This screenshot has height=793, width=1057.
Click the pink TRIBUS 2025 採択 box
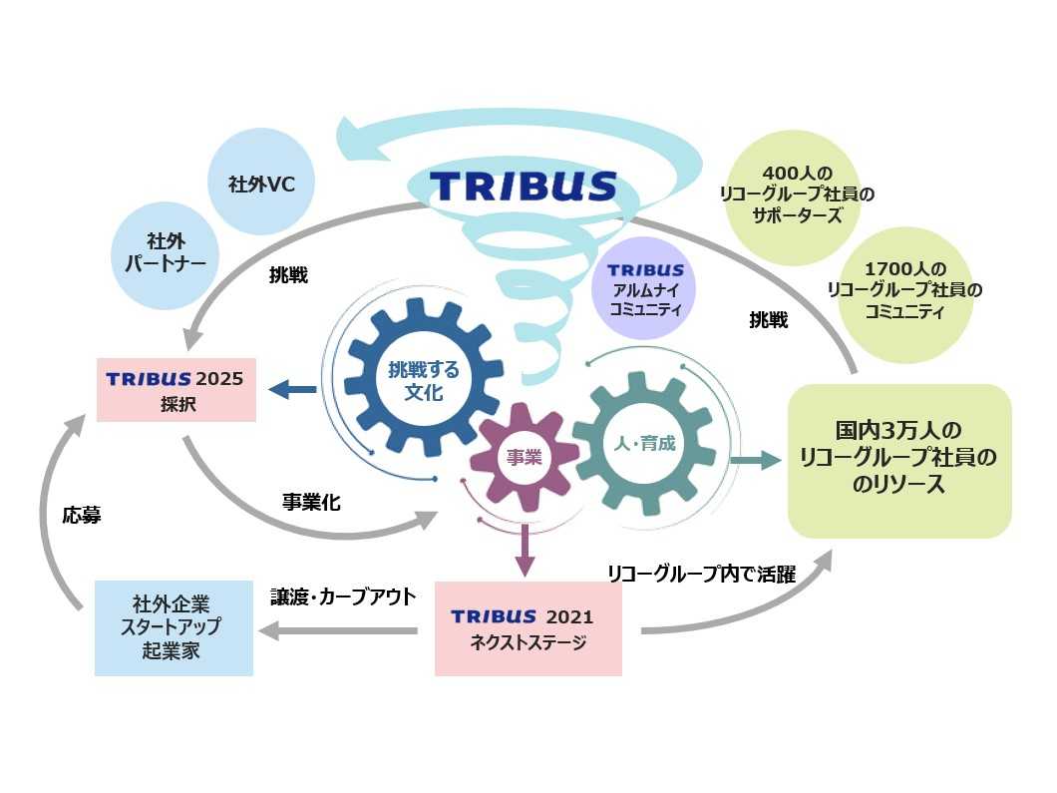point(176,390)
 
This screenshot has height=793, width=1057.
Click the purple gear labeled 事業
point(523,457)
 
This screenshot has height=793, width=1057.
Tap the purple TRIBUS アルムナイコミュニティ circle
point(645,288)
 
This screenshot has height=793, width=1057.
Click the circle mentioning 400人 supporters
point(796,195)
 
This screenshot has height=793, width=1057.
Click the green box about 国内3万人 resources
point(899,460)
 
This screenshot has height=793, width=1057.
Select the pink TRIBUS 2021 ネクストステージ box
point(528,629)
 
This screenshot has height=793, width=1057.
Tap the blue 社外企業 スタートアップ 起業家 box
point(175,628)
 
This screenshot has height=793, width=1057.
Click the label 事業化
point(311,502)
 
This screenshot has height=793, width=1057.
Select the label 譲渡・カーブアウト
point(343,596)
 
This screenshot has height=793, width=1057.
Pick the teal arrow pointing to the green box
point(754,459)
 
